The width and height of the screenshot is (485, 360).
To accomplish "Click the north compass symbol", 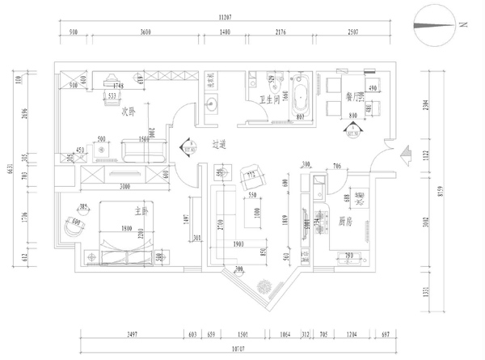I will (435, 25).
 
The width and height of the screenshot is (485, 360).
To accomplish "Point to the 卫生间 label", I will (269, 100).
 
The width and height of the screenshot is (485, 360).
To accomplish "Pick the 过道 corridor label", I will (219, 145).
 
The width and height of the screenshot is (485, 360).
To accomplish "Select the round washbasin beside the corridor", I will (213, 103).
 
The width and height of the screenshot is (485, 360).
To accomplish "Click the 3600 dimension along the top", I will (145, 32).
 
